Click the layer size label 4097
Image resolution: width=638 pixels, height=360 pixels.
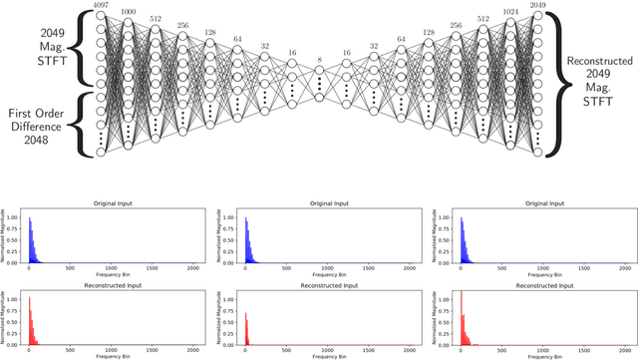pyautogui.click(x=101, y=5)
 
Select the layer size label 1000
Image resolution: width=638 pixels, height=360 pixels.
pyautogui.click(x=128, y=11)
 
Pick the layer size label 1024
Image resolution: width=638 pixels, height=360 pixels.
pyautogui.click(x=510, y=11)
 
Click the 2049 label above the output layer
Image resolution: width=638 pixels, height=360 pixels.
pyautogui.click(x=538, y=5)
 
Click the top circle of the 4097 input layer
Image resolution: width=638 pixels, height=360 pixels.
pyautogui.click(x=101, y=15)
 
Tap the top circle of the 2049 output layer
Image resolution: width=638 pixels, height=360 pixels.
pyautogui.click(x=538, y=15)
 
